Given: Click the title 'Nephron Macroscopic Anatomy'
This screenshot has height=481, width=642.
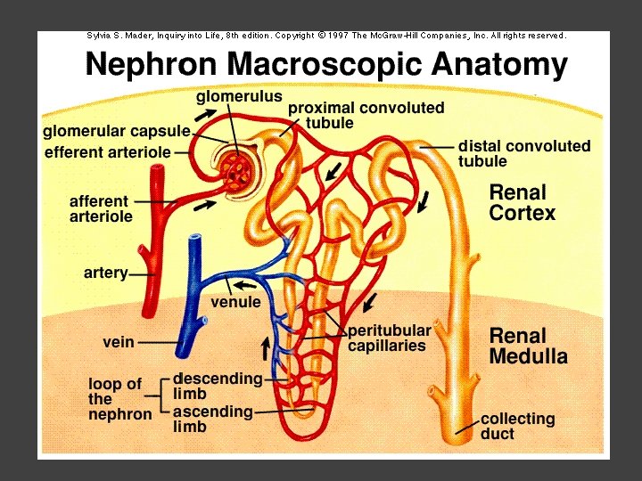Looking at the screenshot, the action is point(326,64).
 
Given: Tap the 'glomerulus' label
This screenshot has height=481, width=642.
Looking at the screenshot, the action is point(239,95).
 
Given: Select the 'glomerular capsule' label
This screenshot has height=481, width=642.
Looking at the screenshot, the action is point(117,132).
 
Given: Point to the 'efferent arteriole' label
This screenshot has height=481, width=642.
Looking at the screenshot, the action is point(107,152).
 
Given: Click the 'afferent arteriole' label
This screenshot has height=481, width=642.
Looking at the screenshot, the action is point(101,208).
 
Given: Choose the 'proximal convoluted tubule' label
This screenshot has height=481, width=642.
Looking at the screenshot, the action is point(366,115).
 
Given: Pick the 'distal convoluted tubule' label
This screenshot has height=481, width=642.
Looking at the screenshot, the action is point(524,153).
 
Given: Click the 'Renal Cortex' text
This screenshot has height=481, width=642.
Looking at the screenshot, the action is point(523,203).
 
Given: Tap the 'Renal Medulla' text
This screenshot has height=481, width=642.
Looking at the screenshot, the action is point(529,346).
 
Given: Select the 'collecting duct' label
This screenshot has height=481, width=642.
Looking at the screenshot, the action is point(517,426).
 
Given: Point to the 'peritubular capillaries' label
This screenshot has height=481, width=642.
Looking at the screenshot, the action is point(389,338).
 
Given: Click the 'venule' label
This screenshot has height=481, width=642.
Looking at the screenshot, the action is point(235,302).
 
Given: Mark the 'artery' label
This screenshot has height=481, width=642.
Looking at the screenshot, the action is point(105,273).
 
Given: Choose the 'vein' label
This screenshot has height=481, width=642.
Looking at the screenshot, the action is point(119,341).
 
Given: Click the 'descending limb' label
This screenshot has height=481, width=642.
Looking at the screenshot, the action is point(218,386).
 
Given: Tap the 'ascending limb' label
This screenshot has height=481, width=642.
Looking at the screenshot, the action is point(212,419).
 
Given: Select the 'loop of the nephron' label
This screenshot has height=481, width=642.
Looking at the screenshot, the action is point(119,399).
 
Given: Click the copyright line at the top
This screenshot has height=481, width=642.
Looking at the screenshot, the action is point(326,36).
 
